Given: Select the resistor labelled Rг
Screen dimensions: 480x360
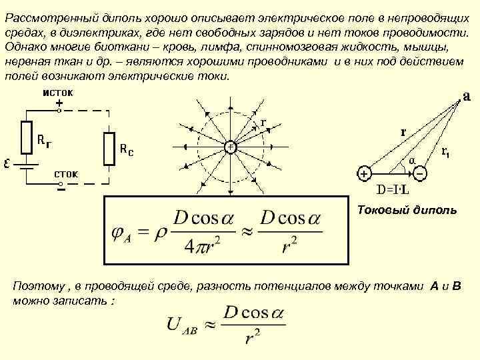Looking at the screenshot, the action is [27, 137].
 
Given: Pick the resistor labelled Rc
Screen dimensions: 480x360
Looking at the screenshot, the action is [109, 147].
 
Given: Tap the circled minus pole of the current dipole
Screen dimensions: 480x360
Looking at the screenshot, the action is [421, 173].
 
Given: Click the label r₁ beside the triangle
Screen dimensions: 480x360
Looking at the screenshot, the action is [446, 152].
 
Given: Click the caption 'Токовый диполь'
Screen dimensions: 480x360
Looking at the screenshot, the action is [407, 211].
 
